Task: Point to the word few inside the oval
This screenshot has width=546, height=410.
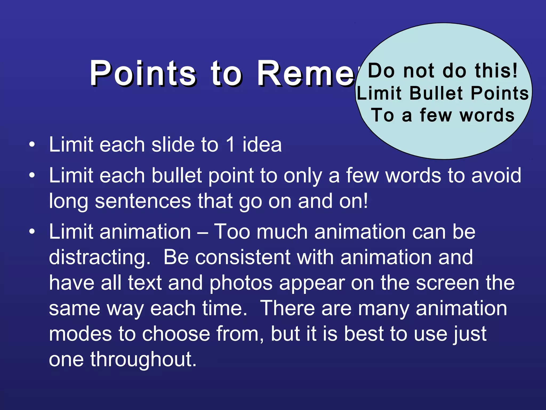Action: point(436,115)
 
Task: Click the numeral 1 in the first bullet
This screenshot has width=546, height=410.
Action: point(230,145)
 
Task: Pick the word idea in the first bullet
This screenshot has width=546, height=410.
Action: point(262,145)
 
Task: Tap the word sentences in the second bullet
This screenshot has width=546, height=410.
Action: point(143,201)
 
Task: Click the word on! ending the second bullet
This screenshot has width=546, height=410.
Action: point(354,201)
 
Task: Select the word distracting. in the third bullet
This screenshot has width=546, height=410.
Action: point(100,257)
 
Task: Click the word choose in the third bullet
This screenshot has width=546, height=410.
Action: point(176,334)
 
